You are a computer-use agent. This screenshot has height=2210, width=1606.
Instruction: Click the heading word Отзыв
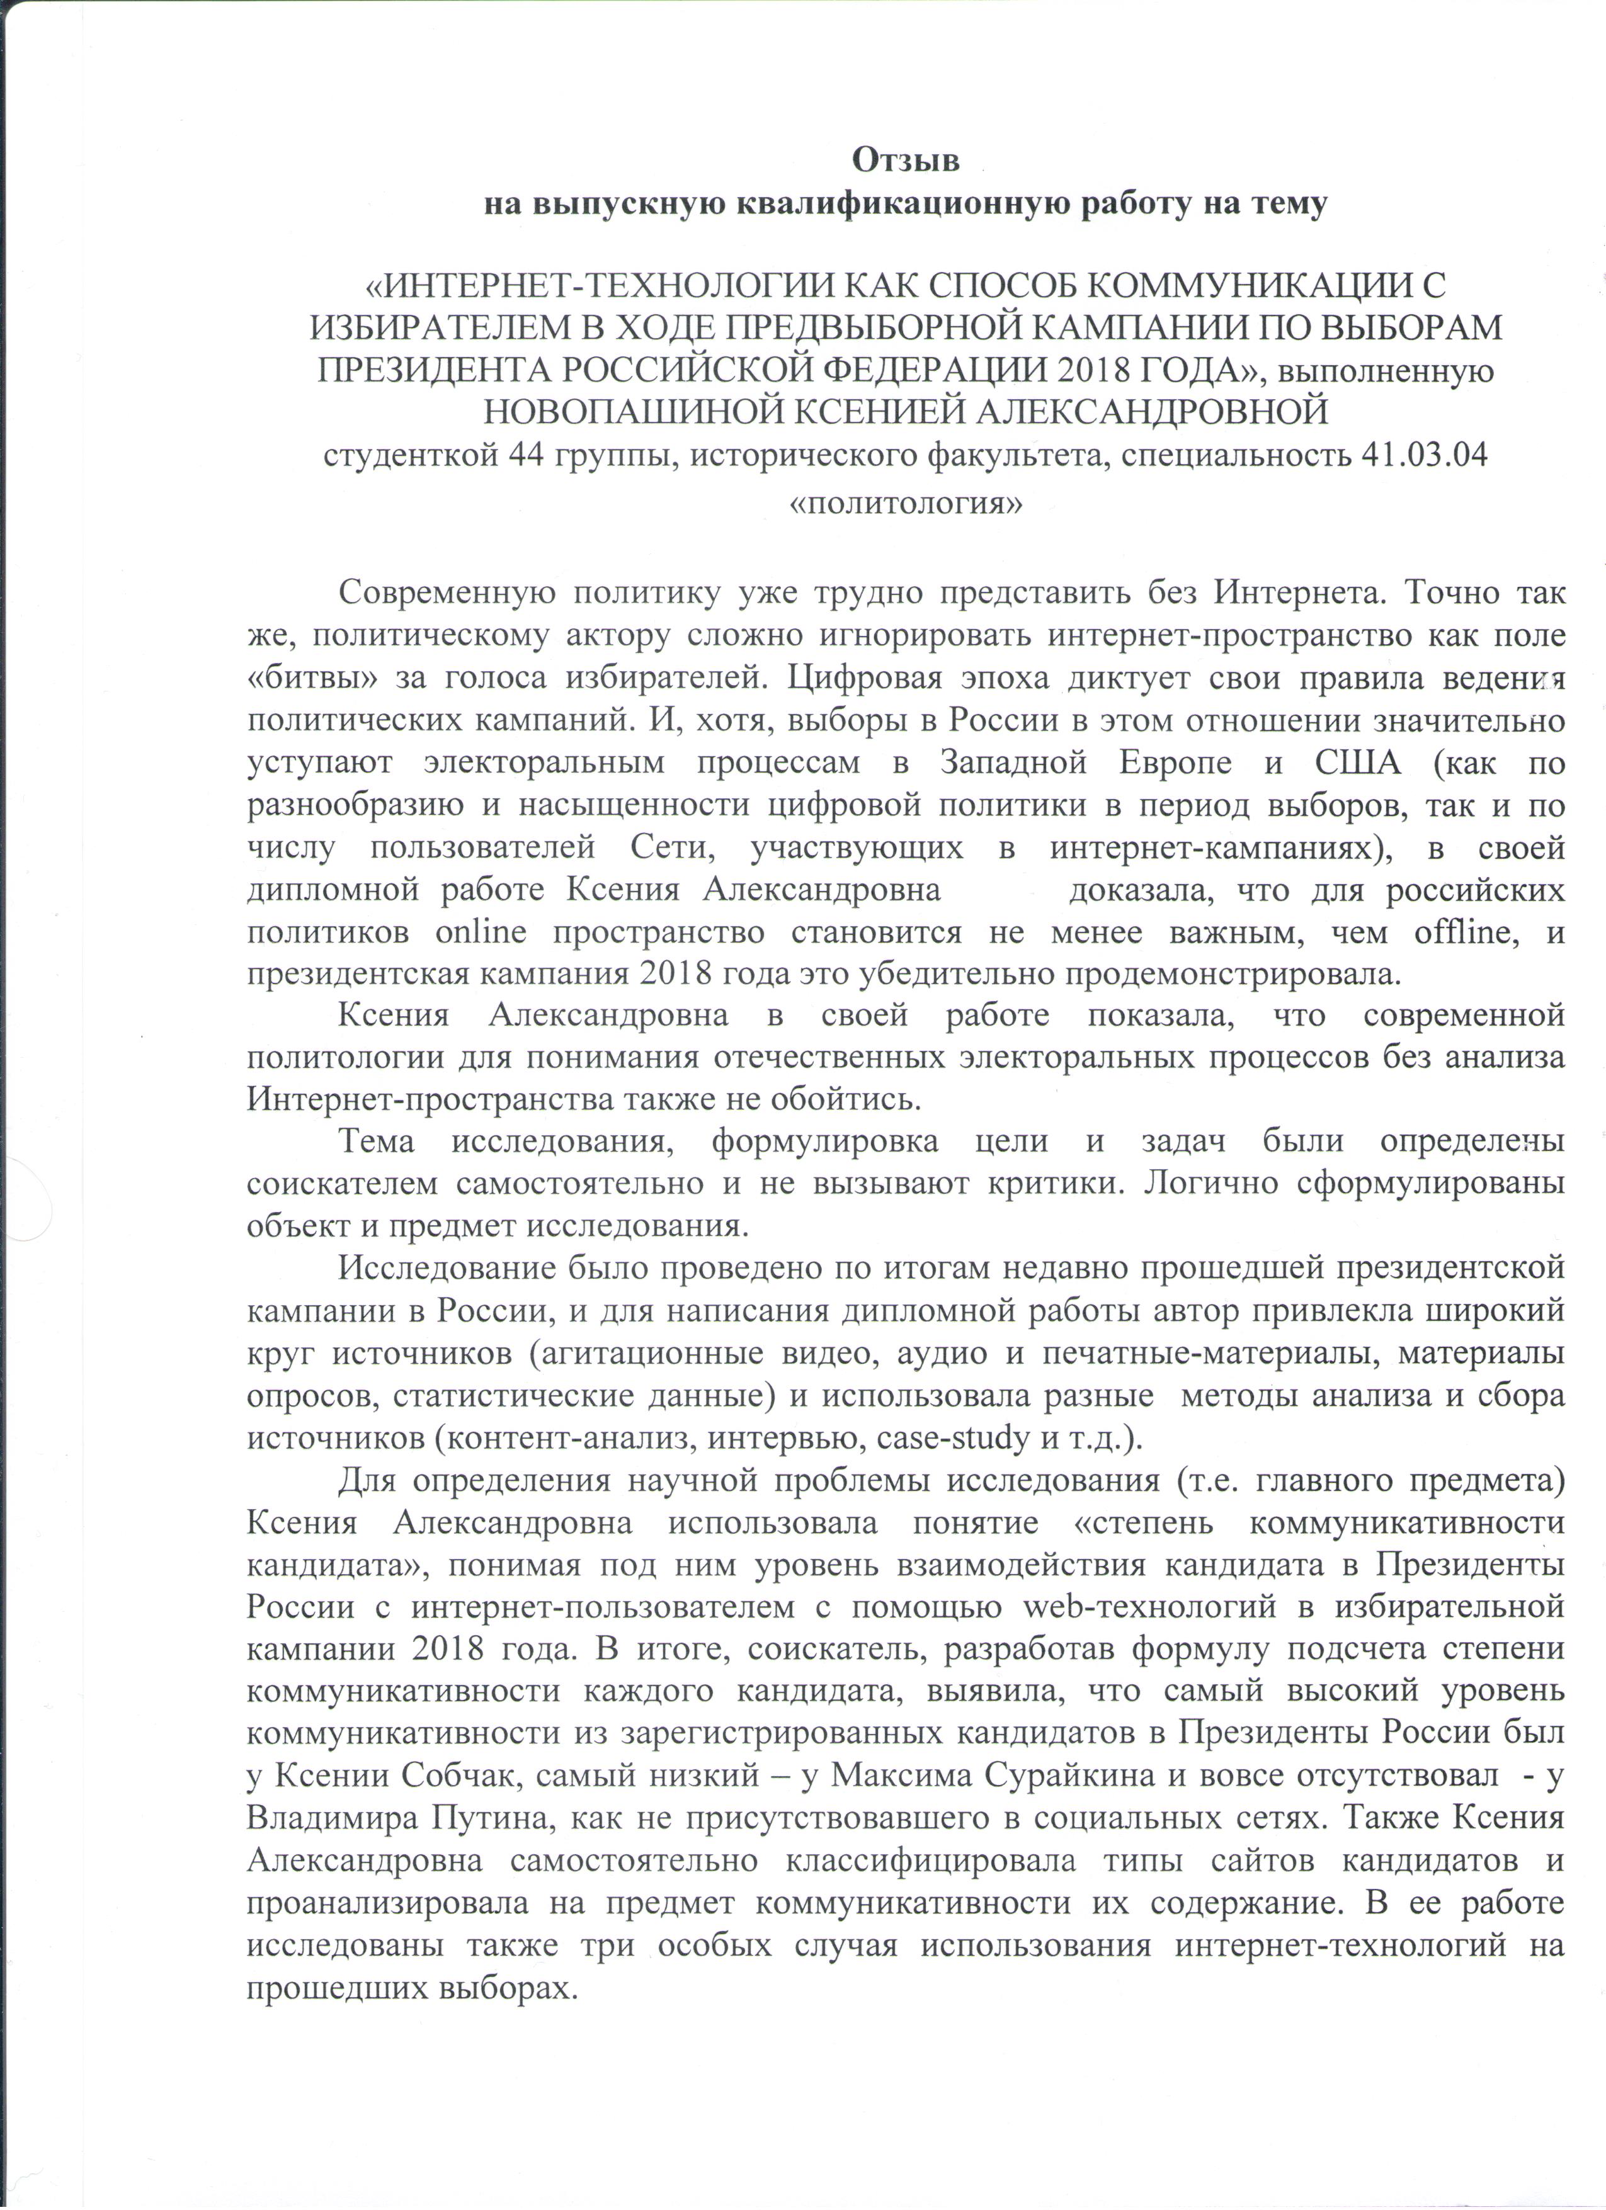click(x=906, y=158)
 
